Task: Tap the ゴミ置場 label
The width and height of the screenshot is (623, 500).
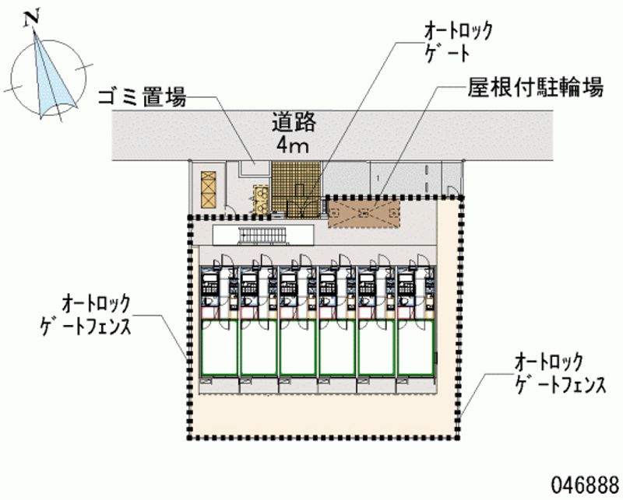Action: click(x=141, y=98)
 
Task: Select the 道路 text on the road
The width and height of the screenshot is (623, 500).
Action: click(x=294, y=123)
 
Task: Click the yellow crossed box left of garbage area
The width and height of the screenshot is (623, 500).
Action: click(x=208, y=186)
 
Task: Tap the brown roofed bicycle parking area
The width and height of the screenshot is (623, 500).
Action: click(x=364, y=212)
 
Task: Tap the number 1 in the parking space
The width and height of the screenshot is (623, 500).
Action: click(x=378, y=180)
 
